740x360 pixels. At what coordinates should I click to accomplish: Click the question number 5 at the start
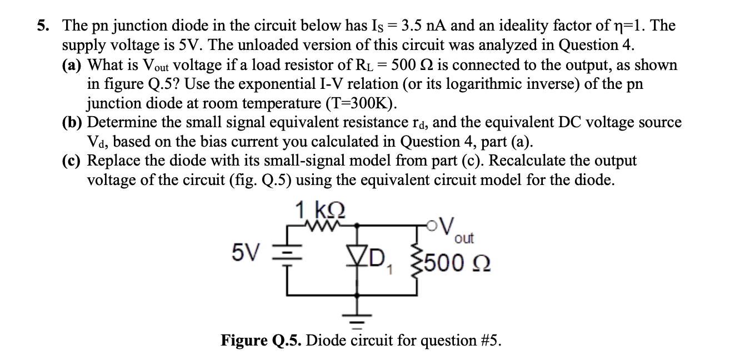click(42, 26)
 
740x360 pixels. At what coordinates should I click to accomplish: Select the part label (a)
click(72, 64)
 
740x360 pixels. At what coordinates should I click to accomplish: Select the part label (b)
click(72, 122)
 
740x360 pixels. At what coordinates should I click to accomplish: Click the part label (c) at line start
click(72, 161)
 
